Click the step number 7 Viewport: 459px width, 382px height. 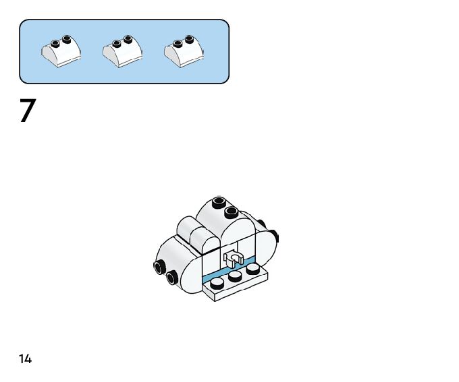point(27,111)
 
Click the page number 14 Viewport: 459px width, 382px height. point(25,359)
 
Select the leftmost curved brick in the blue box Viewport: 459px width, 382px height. point(61,52)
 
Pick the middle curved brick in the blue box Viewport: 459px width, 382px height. point(122,52)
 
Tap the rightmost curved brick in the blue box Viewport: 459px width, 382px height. point(183,52)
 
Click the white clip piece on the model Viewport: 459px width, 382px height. point(234,257)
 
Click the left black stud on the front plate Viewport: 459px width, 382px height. point(217,283)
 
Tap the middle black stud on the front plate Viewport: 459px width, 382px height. point(235,276)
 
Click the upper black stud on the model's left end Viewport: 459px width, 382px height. point(159,267)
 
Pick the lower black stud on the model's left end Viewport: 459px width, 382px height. point(172,276)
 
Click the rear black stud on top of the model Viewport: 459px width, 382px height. point(218,202)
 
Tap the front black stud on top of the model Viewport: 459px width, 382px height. point(231,213)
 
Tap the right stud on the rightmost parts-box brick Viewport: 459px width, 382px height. point(190,39)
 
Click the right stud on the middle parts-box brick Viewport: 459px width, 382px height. point(129,39)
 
